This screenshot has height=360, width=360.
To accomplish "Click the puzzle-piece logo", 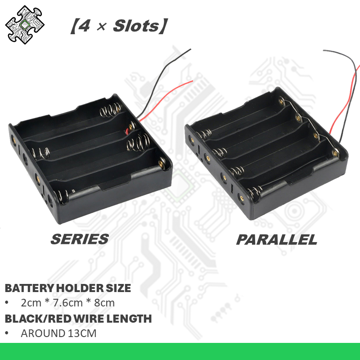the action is [24, 25].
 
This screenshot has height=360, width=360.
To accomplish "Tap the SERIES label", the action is [80, 238].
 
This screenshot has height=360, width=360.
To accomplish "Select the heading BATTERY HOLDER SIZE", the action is [68, 288].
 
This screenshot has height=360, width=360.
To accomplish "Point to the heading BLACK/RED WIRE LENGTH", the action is [78, 319].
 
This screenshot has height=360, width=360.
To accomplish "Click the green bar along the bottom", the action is [180, 351].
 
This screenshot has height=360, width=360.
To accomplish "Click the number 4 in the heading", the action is [82, 26].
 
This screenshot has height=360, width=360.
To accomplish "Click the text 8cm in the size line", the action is [104, 303].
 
